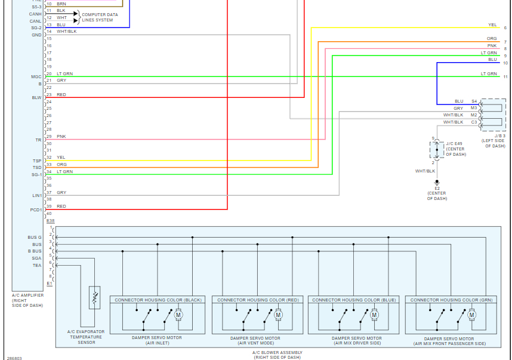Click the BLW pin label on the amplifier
[36, 97]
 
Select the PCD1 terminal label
[36, 210]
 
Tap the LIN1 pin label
[36, 195]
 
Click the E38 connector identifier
[50, 220]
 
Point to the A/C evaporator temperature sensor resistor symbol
[94, 297]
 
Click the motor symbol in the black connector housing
[178, 315]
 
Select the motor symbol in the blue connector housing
[375, 315]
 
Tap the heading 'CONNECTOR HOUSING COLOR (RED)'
[258, 300]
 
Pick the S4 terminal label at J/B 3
[474, 101]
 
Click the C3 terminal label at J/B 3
[474, 122]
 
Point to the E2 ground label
[437, 188]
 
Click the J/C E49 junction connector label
[454, 143]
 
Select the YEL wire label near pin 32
[61, 158]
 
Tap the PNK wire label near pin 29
[61, 137]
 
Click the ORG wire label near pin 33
[61, 165]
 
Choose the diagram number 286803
[14, 358]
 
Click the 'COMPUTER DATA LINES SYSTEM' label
[100, 17]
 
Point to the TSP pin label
[37, 161]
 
